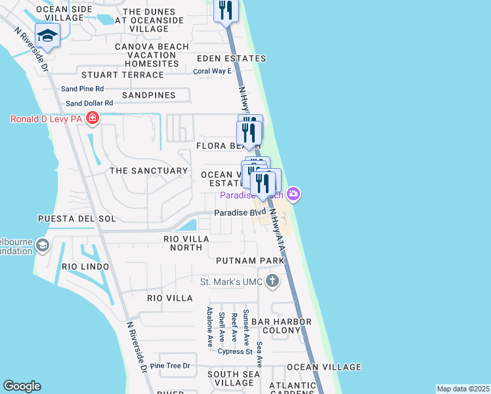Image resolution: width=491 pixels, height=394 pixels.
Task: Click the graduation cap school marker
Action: pos(47,35)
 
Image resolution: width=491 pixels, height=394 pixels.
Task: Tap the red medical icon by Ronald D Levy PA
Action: pos(93,119)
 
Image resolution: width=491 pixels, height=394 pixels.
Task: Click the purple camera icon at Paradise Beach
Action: pos(293,194)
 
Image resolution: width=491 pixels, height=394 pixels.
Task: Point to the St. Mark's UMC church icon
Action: pos(272,282)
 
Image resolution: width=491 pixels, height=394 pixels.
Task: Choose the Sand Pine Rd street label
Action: pos(82,89)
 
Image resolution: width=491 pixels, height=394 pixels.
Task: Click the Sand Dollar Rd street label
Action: pos(89,103)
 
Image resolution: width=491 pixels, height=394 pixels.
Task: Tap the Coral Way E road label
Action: pos(212,71)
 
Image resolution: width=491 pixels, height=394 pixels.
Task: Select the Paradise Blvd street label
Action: pos(240,213)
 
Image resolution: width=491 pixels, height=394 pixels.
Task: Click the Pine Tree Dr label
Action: pos(170,366)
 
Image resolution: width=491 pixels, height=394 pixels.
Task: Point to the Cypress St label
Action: pos(236,351)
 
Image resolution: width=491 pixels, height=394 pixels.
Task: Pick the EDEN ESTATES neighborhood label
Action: pos(232,58)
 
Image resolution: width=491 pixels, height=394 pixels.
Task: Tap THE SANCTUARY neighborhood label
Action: pos(149,171)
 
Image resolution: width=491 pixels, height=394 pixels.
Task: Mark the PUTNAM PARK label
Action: pos(251,261)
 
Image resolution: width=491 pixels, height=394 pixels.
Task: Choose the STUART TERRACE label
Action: pos(122,75)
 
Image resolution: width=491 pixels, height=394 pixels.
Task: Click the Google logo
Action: pos(22,386)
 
